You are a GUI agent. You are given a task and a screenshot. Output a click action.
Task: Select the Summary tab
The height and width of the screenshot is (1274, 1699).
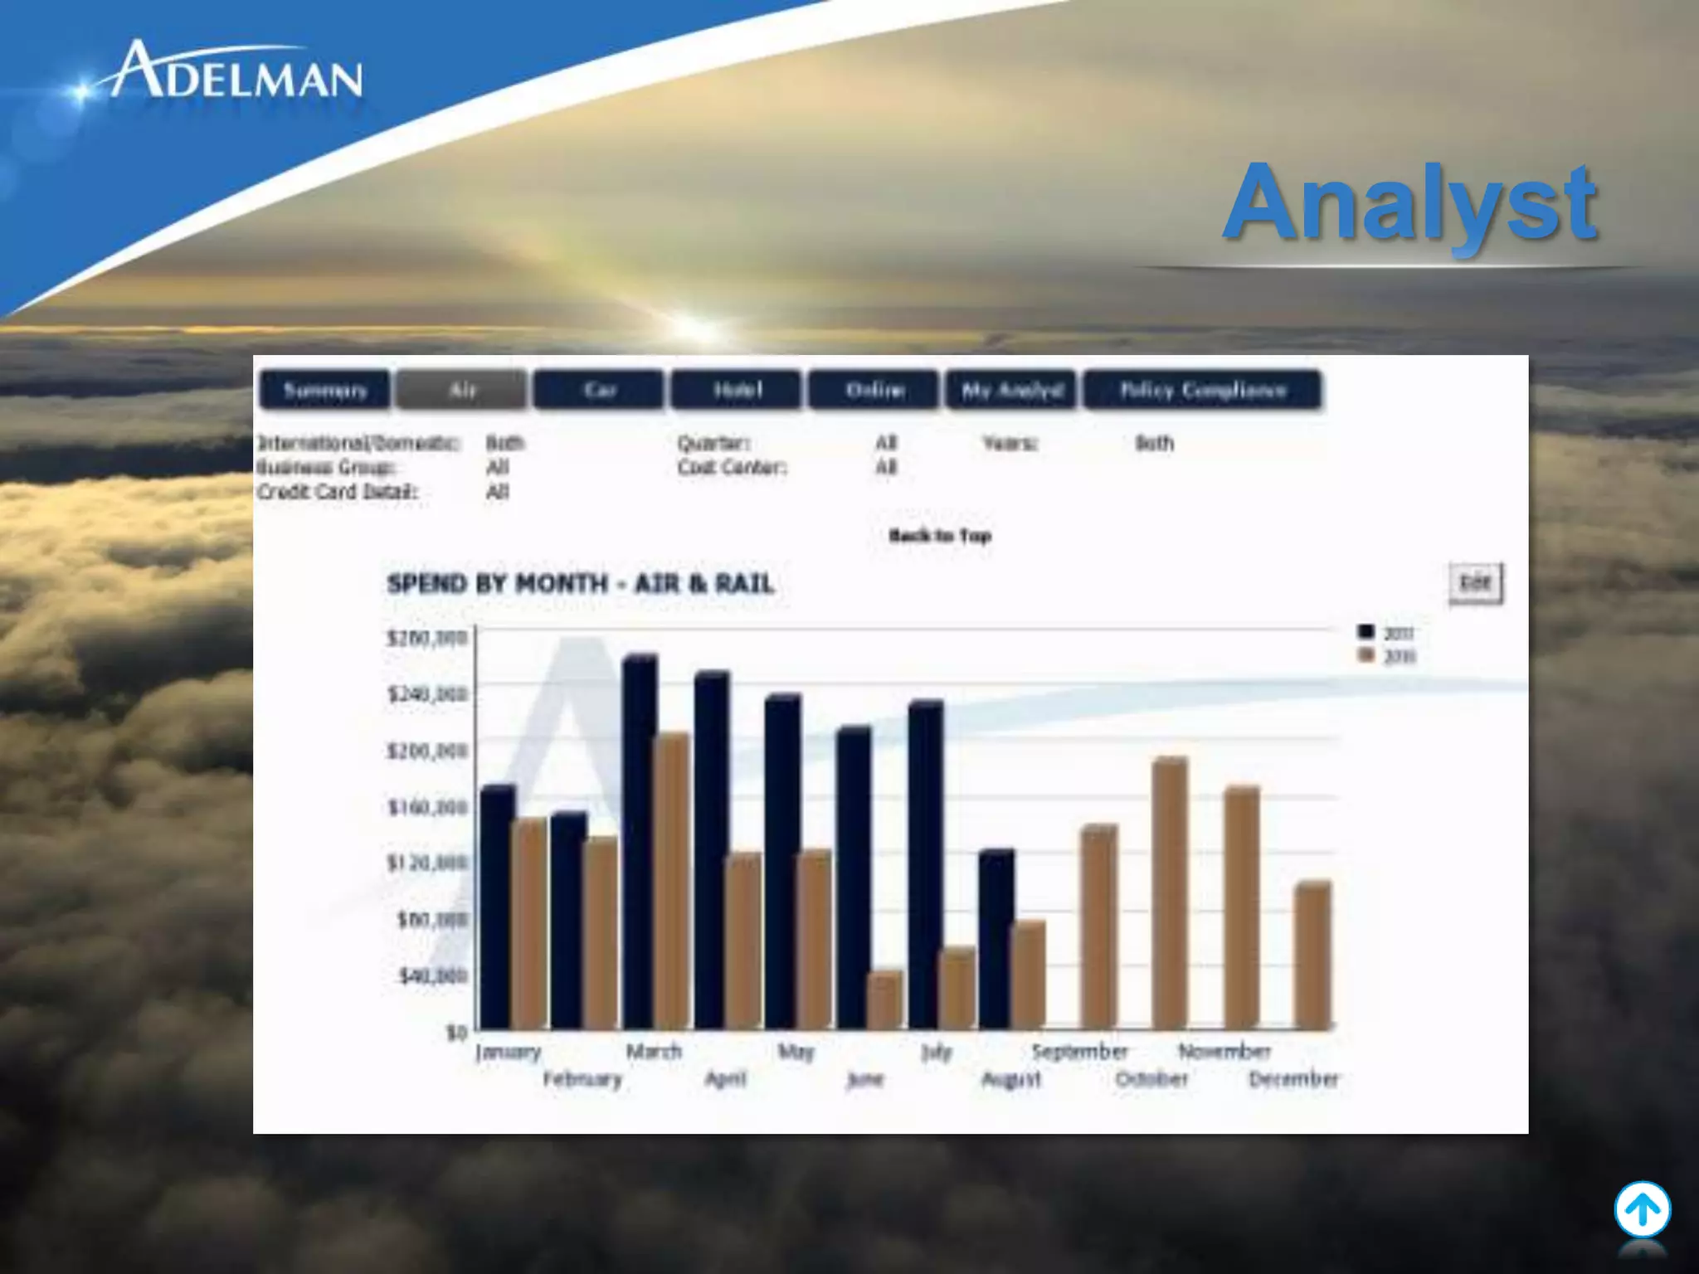click(x=324, y=391)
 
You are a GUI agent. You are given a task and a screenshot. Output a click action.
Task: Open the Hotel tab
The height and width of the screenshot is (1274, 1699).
click(x=737, y=391)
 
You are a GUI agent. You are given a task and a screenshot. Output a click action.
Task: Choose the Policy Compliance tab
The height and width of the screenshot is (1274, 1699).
click(x=1202, y=391)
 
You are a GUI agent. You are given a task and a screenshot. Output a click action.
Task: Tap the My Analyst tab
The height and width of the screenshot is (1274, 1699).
click(x=1011, y=391)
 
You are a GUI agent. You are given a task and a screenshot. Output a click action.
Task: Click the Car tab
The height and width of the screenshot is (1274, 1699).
click(x=599, y=391)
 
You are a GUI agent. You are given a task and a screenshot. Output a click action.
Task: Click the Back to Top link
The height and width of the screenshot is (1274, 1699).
click(x=940, y=536)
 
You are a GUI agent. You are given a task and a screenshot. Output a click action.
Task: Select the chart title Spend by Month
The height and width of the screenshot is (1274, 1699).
click(x=581, y=584)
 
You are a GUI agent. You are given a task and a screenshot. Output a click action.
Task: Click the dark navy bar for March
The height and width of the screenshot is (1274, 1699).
click(x=640, y=842)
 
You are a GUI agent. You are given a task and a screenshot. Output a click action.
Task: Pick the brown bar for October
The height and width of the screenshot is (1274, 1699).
click(x=1170, y=894)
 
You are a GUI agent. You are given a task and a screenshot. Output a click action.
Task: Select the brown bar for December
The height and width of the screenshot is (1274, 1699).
click(x=1312, y=955)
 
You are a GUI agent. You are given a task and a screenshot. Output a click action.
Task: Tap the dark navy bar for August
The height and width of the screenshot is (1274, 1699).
click(x=996, y=939)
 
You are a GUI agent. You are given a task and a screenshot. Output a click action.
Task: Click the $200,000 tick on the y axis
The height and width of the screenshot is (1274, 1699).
click(x=427, y=751)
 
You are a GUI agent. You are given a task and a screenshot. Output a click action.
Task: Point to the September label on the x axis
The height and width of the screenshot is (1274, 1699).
click(x=1079, y=1052)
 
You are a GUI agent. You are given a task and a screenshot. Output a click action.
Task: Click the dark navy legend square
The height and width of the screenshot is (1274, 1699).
click(x=1366, y=633)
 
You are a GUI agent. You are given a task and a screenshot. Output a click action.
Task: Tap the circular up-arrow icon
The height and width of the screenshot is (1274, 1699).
click(x=1642, y=1210)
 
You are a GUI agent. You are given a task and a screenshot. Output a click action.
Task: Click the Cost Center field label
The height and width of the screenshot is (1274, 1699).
click(x=731, y=468)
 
